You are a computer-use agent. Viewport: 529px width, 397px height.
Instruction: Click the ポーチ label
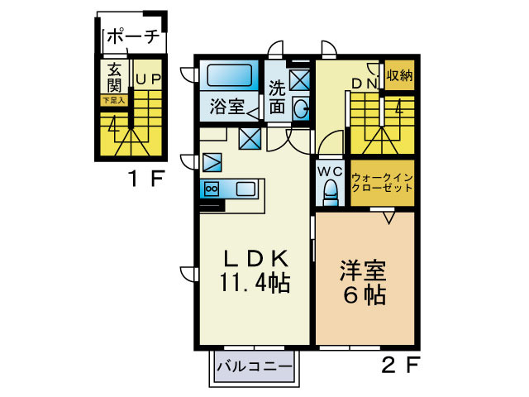click(x=133, y=37)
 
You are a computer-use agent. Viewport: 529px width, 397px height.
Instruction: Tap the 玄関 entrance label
click(x=114, y=78)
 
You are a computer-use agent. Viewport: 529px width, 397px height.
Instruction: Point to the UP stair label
click(x=148, y=79)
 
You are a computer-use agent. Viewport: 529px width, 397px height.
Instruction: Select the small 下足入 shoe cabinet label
click(x=113, y=100)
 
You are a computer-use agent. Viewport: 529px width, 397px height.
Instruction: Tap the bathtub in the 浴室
click(x=229, y=77)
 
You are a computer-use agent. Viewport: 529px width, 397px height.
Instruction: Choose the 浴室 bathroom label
click(x=226, y=106)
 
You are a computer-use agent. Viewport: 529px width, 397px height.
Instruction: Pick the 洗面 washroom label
click(x=277, y=96)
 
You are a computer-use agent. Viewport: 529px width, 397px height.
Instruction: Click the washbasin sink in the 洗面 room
click(x=302, y=107)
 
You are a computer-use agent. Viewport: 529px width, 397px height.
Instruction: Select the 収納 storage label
click(x=399, y=75)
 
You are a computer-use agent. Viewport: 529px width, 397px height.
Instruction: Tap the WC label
click(x=330, y=171)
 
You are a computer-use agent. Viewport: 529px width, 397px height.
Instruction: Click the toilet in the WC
click(x=330, y=194)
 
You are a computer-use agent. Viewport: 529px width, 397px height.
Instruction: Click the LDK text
click(x=254, y=257)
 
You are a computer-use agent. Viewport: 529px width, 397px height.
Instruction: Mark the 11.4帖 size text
click(x=254, y=283)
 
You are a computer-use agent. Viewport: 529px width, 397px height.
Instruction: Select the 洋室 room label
click(x=365, y=270)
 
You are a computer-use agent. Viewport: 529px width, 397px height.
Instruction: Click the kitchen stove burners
click(x=210, y=189)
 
